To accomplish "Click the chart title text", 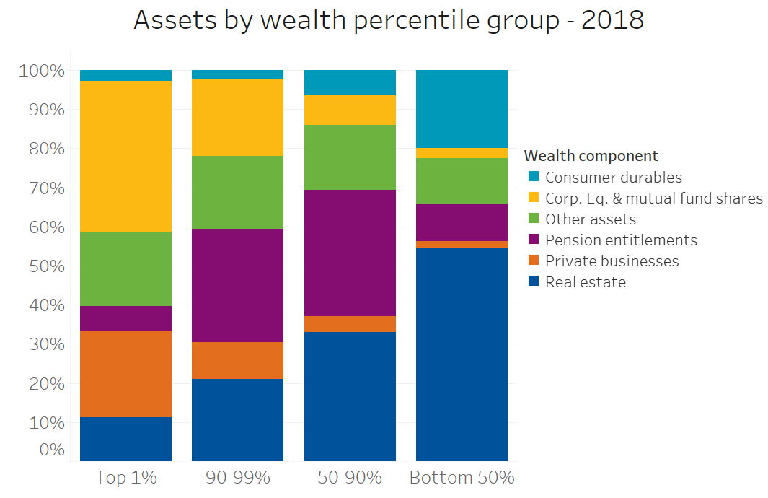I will pyautogui.click(x=388, y=20).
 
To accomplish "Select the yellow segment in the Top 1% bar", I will pyautogui.click(x=125, y=156).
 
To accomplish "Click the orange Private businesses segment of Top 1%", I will pyautogui.click(x=125, y=373).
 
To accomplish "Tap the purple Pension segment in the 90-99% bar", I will pyautogui.click(x=237, y=285).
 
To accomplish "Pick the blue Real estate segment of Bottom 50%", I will pyautogui.click(x=462, y=354).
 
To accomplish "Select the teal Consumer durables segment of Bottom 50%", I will pyautogui.click(x=462, y=109).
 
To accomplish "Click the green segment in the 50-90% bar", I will pyautogui.click(x=350, y=157).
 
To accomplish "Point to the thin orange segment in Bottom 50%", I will pyautogui.click(x=462, y=244).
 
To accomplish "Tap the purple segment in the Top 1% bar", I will pyautogui.click(x=125, y=318).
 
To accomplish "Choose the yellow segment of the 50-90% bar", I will pyautogui.click(x=350, y=110).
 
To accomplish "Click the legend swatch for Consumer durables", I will pyautogui.click(x=533, y=177).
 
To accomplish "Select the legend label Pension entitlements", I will pyautogui.click(x=621, y=240).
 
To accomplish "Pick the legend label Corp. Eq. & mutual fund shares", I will pyautogui.click(x=653, y=198).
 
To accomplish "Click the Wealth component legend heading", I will pyautogui.click(x=591, y=155).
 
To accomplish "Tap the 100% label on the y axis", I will pyautogui.click(x=43, y=71).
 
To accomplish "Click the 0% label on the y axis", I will pyautogui.click(x=50, y=450).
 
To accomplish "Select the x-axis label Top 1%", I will pyautogui.click(x=125, y=477).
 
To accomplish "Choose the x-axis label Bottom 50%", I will pyautogui.click(x=462, y=477).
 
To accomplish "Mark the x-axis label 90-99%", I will pyautogui.click(x=237, y=477).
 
